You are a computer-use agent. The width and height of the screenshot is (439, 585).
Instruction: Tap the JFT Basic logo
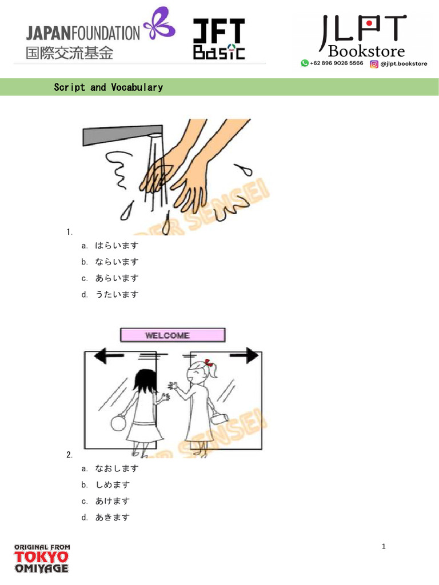(x=218, y=38)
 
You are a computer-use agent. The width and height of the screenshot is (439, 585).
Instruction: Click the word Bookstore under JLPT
(x=366, y=52)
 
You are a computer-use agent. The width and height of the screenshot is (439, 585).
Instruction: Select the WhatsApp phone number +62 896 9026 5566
(x=337, y=63)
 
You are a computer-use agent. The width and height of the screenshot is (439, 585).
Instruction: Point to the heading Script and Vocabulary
(x=108, y=87)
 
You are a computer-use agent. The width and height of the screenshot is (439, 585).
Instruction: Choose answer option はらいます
(x=117, y=246)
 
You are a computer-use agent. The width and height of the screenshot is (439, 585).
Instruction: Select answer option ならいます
(x=117, y=262)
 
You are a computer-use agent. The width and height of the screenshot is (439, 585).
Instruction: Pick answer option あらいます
(x=117, y=278)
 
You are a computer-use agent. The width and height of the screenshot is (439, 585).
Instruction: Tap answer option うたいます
(x=117, y=295)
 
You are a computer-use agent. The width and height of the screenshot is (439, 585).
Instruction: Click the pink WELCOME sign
(x=172, y=335)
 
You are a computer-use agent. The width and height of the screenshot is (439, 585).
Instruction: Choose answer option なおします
(x=117, y=468)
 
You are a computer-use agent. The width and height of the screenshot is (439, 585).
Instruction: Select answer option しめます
(x=113, y=485)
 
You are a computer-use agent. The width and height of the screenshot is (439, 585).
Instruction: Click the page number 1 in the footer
(x=384, y=547)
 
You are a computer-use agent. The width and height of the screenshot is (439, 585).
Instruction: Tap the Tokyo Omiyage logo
(x=41, y=558)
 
